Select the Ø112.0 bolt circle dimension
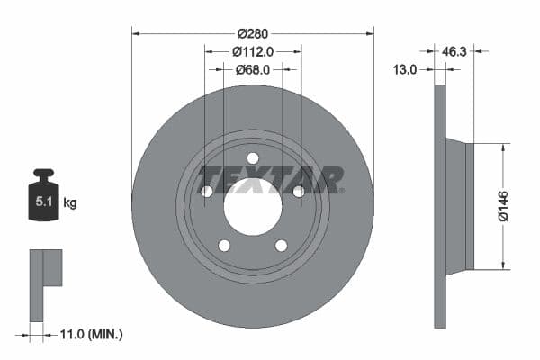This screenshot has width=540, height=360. click(253, 51)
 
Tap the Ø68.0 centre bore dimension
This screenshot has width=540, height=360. click(253, 69)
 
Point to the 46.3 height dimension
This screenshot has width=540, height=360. click(453, 51)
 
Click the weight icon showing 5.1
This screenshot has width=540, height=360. click(43, 198)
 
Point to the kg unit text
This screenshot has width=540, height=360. click(70, 203)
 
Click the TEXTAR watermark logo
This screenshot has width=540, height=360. click(270, 178)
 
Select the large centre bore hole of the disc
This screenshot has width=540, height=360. click(253, 208)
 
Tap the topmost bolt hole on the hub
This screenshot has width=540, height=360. click(253, 158)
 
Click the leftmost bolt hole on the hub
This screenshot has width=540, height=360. click(206, 191)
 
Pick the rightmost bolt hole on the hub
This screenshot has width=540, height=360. click(299, 191)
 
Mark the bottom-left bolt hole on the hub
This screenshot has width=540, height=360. click(224, 246)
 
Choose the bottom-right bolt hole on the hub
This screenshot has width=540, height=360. click(281, 246)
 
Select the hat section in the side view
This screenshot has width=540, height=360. click(460, 205)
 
